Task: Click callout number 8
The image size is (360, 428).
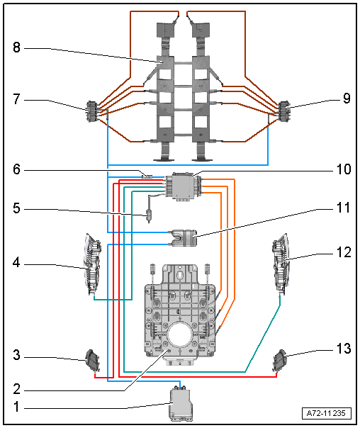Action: point(16,47)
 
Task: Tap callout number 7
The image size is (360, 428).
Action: point(16,98)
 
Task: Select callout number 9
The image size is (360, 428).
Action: point(347,98)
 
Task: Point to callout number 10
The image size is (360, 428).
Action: point(344,169)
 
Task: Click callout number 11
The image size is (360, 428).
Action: point(344,208)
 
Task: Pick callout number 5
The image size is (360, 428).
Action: point(16,208)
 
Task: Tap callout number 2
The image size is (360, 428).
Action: point(16,389)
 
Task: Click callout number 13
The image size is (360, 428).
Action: point(344,349)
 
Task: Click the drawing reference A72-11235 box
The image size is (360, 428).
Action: point(327,413)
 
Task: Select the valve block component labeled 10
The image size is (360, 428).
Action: point(182,187)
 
